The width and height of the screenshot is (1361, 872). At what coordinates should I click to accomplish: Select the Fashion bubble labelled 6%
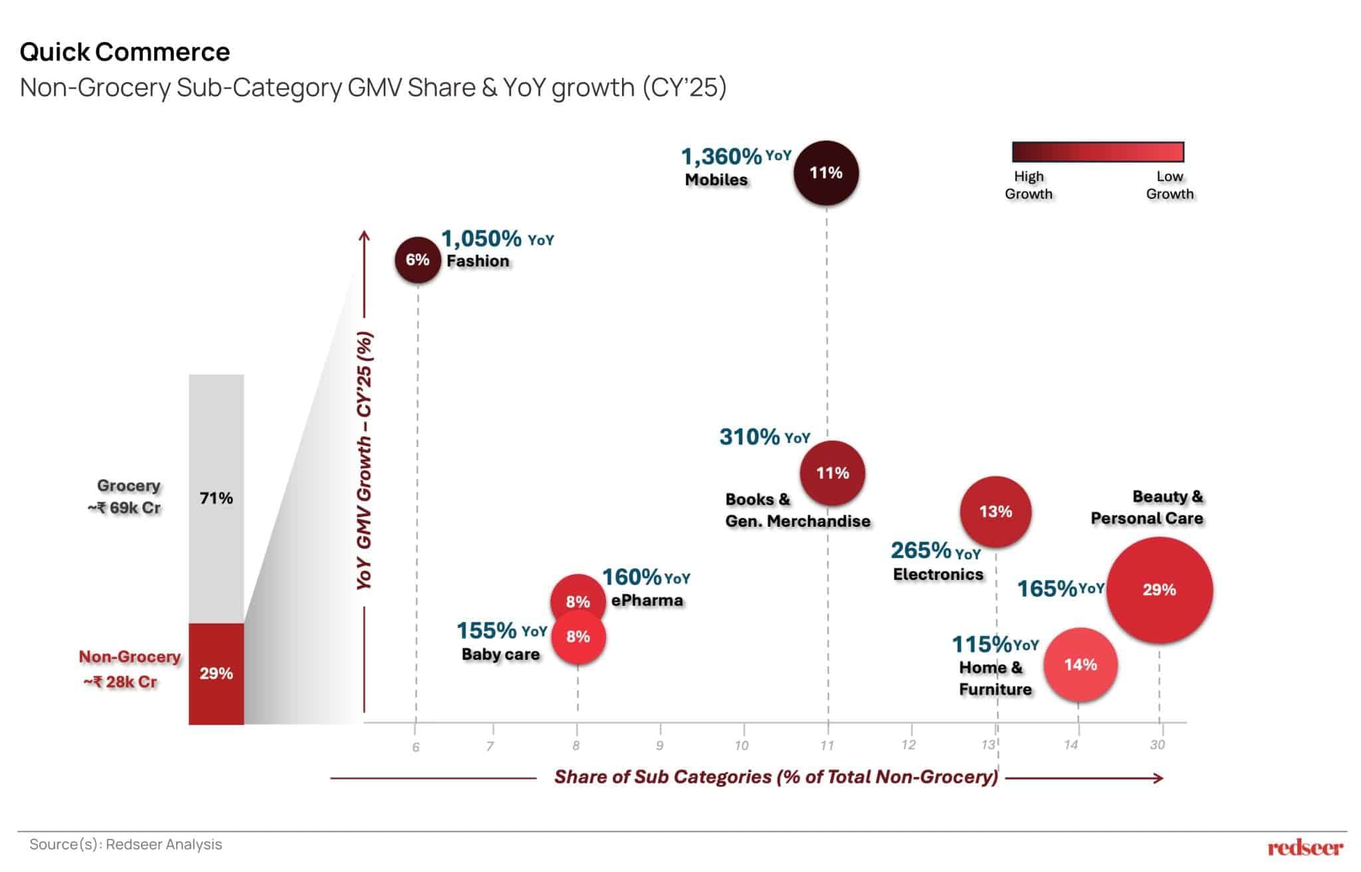click(x=417, y=259)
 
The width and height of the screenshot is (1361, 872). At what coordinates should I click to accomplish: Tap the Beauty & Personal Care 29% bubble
click(x=1160, y=590)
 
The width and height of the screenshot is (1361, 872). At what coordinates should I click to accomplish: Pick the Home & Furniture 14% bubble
click(x=1080, y=664)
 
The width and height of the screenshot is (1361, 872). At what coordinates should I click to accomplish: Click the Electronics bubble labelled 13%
click(x=995, y=511)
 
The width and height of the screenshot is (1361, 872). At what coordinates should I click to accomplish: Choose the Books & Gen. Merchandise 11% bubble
click(x=832, y=473)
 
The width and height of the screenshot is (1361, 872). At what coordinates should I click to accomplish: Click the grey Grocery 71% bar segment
click(x=216, y=498)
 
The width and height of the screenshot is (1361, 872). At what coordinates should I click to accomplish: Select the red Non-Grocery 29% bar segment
click(x=216, y=673)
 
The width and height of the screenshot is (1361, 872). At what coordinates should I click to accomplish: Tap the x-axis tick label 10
click(x=741, y=746)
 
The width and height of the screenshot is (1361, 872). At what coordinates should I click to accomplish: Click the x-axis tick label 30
click(x=1157, y=745)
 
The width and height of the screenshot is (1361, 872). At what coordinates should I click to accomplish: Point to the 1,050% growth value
click(x=482, y=238)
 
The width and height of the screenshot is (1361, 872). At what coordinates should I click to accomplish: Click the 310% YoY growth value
click(x=750, y=437)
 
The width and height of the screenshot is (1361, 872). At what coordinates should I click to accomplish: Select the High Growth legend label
click(x=1028, y=185)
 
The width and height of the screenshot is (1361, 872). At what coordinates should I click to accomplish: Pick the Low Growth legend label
click(x=1170, y=185)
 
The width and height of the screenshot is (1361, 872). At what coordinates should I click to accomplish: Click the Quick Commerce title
click(x=125, y=52)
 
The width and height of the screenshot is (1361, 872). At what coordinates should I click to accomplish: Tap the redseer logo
click(x=1305, y=847)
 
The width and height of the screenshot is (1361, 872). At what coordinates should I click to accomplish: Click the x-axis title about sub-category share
click(x=776, y=777)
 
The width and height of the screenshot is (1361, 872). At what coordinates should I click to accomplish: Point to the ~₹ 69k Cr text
click(x=124, y=508)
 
